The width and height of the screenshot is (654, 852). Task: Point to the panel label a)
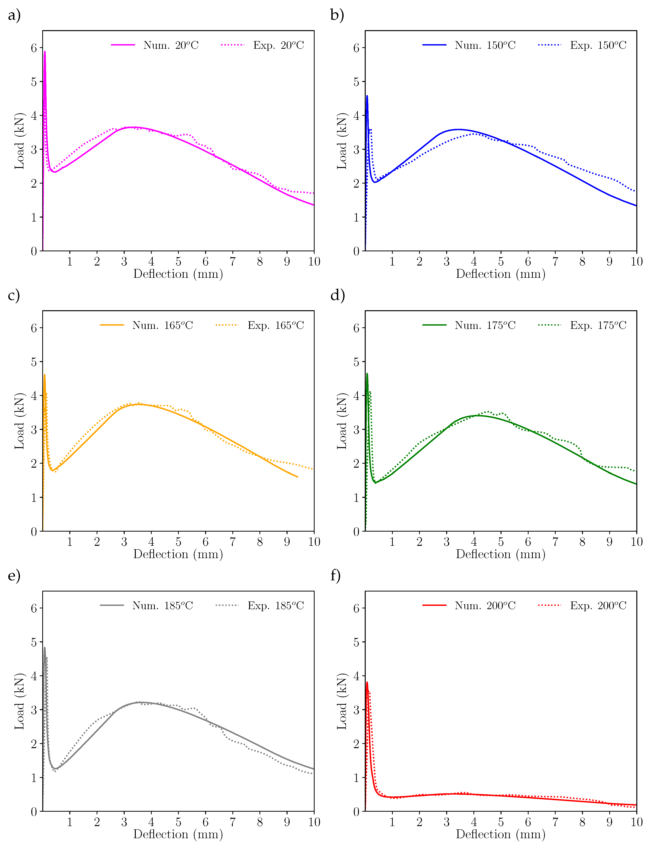(14, 16)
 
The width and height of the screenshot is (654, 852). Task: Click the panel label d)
(337, 296)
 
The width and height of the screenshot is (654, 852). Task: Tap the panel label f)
(336, 576)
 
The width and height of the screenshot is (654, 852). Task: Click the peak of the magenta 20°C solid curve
(45, 52)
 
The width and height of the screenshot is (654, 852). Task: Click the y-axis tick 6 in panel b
(356, 48)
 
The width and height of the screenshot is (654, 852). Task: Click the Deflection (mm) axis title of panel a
(178, 274)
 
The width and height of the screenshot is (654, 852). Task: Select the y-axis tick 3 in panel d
(356, 429)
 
